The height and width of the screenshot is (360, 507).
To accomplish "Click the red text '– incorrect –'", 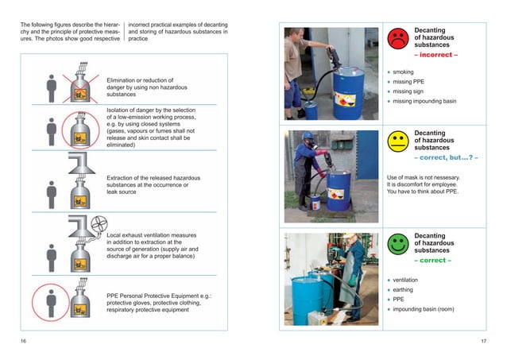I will coord(435,56).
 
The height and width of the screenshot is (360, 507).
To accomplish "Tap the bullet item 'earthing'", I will coord(406,290).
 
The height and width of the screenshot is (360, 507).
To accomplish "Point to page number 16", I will coord(23,342).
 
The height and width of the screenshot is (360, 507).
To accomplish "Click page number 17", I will coord(483,342).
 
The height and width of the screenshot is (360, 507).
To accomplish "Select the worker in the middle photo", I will coord(308,167).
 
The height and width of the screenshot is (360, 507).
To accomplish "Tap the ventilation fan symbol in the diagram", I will coord(99,223).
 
